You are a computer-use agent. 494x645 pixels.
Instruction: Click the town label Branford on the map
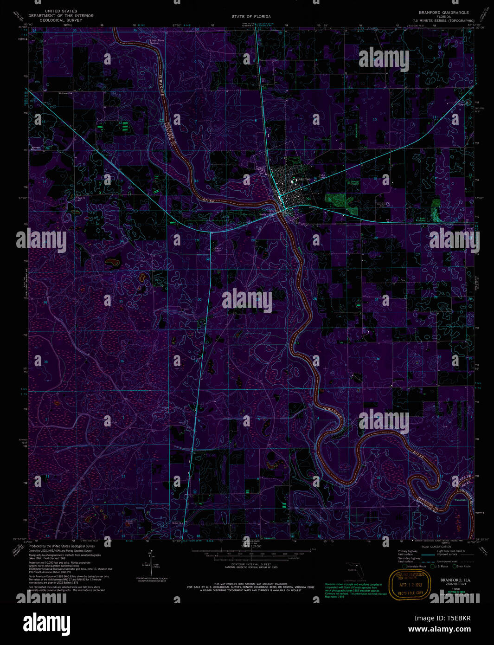(x=303, y=179)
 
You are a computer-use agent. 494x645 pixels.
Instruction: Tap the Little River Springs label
(x=157, y=42)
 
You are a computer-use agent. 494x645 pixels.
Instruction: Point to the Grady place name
(x=262, y=214)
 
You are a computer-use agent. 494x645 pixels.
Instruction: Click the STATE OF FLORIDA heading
(x=251, y=17)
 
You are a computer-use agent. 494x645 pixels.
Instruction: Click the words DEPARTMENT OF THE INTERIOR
(x=61, y=16)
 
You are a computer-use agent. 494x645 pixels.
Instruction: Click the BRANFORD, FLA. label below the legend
(x=456, y=580)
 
